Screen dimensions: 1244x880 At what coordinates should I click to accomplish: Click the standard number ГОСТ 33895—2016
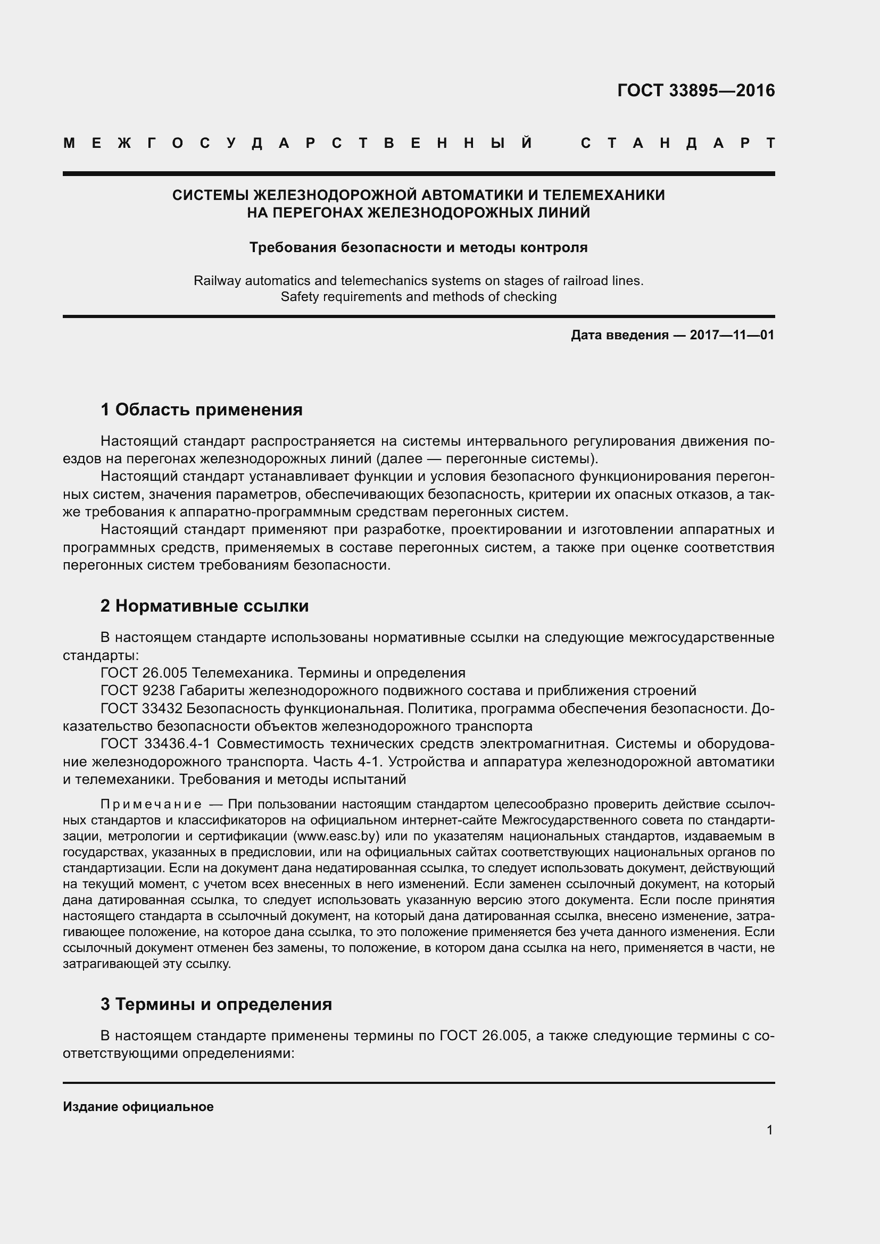coord(696,90)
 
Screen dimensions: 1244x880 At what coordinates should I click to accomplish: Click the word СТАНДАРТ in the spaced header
coord(677,144)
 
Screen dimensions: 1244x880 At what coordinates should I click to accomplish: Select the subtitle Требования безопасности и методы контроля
coord(418,248)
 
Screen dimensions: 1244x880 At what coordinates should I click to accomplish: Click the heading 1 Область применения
coord(201,410)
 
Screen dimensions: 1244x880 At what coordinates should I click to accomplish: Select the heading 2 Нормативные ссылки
coord(204,606)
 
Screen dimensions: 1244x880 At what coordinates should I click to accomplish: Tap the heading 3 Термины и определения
coord(215,1004)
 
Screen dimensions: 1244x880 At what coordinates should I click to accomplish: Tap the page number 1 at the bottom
coord(769,1130)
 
